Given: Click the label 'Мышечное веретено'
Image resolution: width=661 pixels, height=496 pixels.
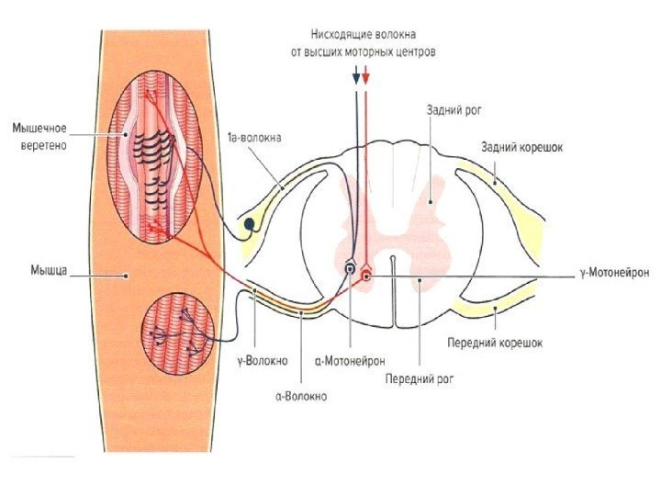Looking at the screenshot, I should tap(40, 136).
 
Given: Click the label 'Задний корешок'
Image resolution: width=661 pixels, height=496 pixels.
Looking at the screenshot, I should tap(521, 147).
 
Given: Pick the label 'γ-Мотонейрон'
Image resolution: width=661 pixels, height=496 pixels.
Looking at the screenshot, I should tap(614, 274).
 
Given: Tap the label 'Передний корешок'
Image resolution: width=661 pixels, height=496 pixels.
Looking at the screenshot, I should tap(495, 343).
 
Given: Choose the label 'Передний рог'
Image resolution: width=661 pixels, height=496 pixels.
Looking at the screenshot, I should tap(420, 377).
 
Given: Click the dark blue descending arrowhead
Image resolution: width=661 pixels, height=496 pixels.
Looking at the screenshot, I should tap(356, 80).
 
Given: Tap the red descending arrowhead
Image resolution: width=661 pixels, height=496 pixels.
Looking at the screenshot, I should tap(366, 80).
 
